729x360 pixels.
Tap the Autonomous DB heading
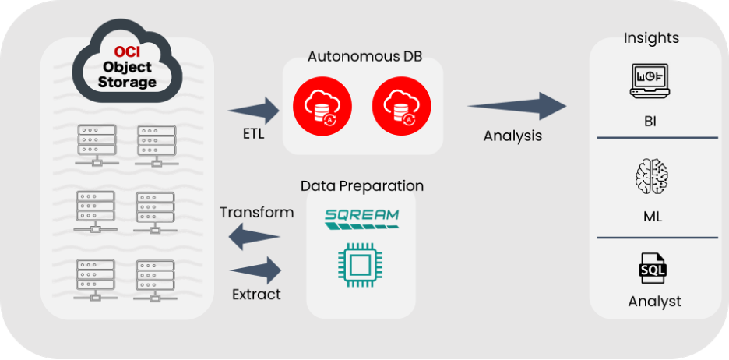[x=361, y=57]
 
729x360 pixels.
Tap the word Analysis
[x=512, y=136]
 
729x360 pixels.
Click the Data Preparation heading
[x=362, y=186]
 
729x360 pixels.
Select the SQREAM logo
[x=361, y=217]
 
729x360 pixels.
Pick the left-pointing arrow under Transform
[x=256, y=236]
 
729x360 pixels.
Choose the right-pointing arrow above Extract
[x=256, y=272]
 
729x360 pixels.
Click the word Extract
[x=256, y=295]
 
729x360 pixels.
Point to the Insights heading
[x=652, y=38]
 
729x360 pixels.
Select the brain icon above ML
[x=653, y=177]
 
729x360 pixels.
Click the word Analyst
[x=654, y=301]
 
